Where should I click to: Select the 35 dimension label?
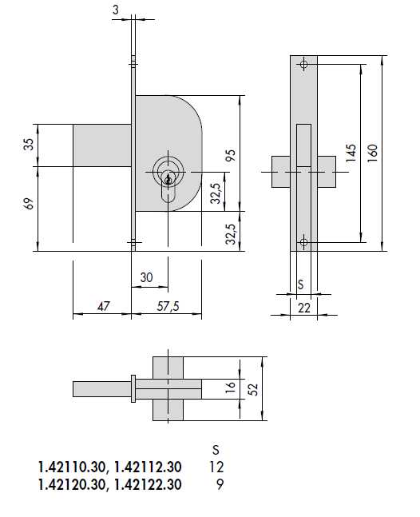pyautogui.click(x=30, y=145)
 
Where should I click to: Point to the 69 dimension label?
pyautogui.click(x=30, y=205)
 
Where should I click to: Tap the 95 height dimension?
pyautogui.click(x=232, y=155)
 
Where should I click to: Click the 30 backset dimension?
pyautogui.click(x=146, y=277)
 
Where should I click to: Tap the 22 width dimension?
pyautogui.click(x=303, y=308)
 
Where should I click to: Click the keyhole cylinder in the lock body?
pyautogui.click(x=167, y=172)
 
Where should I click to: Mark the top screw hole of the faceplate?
pyautogui.click(x=303, y=65)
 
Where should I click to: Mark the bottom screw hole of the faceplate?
pyautogui.click(x=303, y=242)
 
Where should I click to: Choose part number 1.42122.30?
pyautogui.click(x=149, y=484)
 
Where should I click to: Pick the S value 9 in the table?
pyautogui.click(x=220, y=484)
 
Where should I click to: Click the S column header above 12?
pyautogui.click(x=214, y=449)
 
